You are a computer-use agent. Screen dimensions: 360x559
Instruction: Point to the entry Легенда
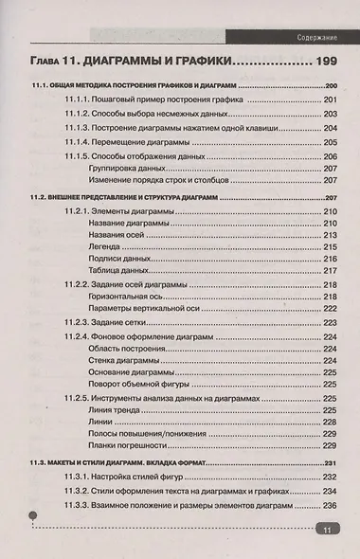point(105,245)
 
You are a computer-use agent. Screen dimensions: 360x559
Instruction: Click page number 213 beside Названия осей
point(330,233)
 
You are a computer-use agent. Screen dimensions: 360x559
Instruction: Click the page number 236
point(330,506)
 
